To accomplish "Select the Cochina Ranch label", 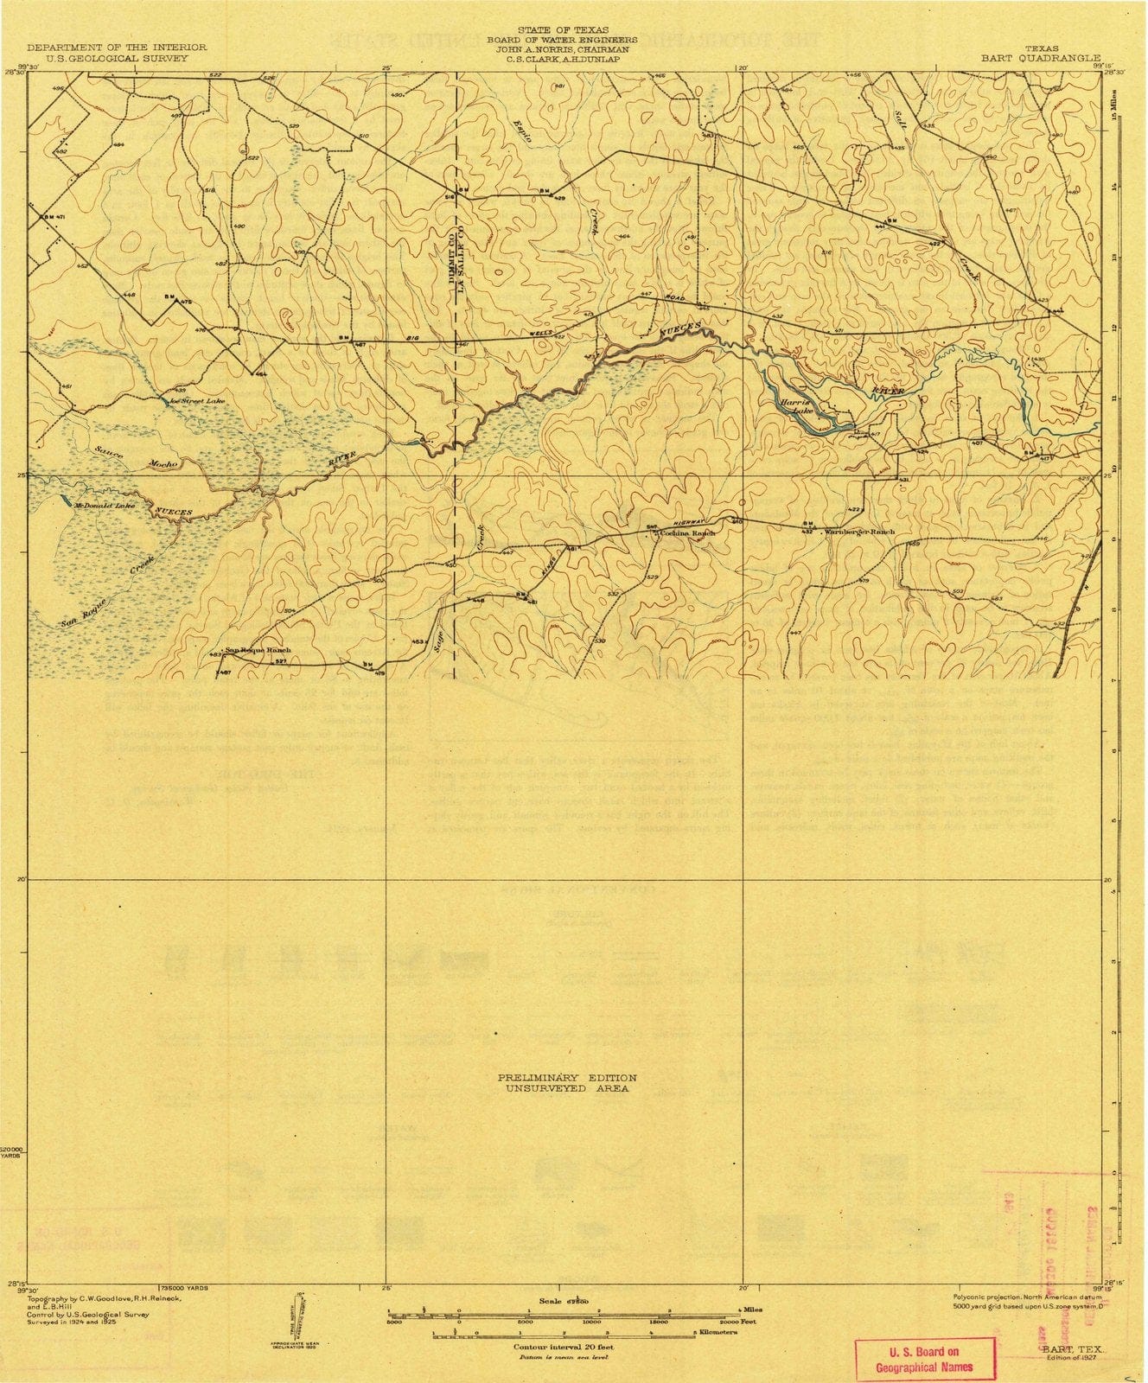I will (x=688, y=533).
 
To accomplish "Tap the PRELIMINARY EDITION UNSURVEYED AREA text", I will (x=567, y=1083).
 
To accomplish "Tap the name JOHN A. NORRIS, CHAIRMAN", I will (x=562, y=50).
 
